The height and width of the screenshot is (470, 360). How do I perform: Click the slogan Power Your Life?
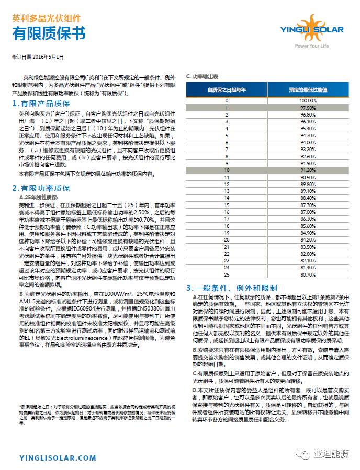[312, 47]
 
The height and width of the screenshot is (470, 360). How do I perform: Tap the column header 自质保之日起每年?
[227, 90]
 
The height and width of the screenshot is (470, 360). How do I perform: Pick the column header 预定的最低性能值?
[308, 90]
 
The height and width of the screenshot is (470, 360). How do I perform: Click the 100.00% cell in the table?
[308, 100]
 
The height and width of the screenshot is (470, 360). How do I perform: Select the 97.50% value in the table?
[308, 107]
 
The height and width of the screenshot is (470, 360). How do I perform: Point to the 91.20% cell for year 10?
[308, 170]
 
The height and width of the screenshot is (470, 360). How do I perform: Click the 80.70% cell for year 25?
[308, 274]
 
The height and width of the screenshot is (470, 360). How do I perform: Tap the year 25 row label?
[227, 274]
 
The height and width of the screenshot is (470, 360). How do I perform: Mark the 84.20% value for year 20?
[308, 239]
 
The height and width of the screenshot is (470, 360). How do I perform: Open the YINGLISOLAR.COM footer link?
[58, 458]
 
